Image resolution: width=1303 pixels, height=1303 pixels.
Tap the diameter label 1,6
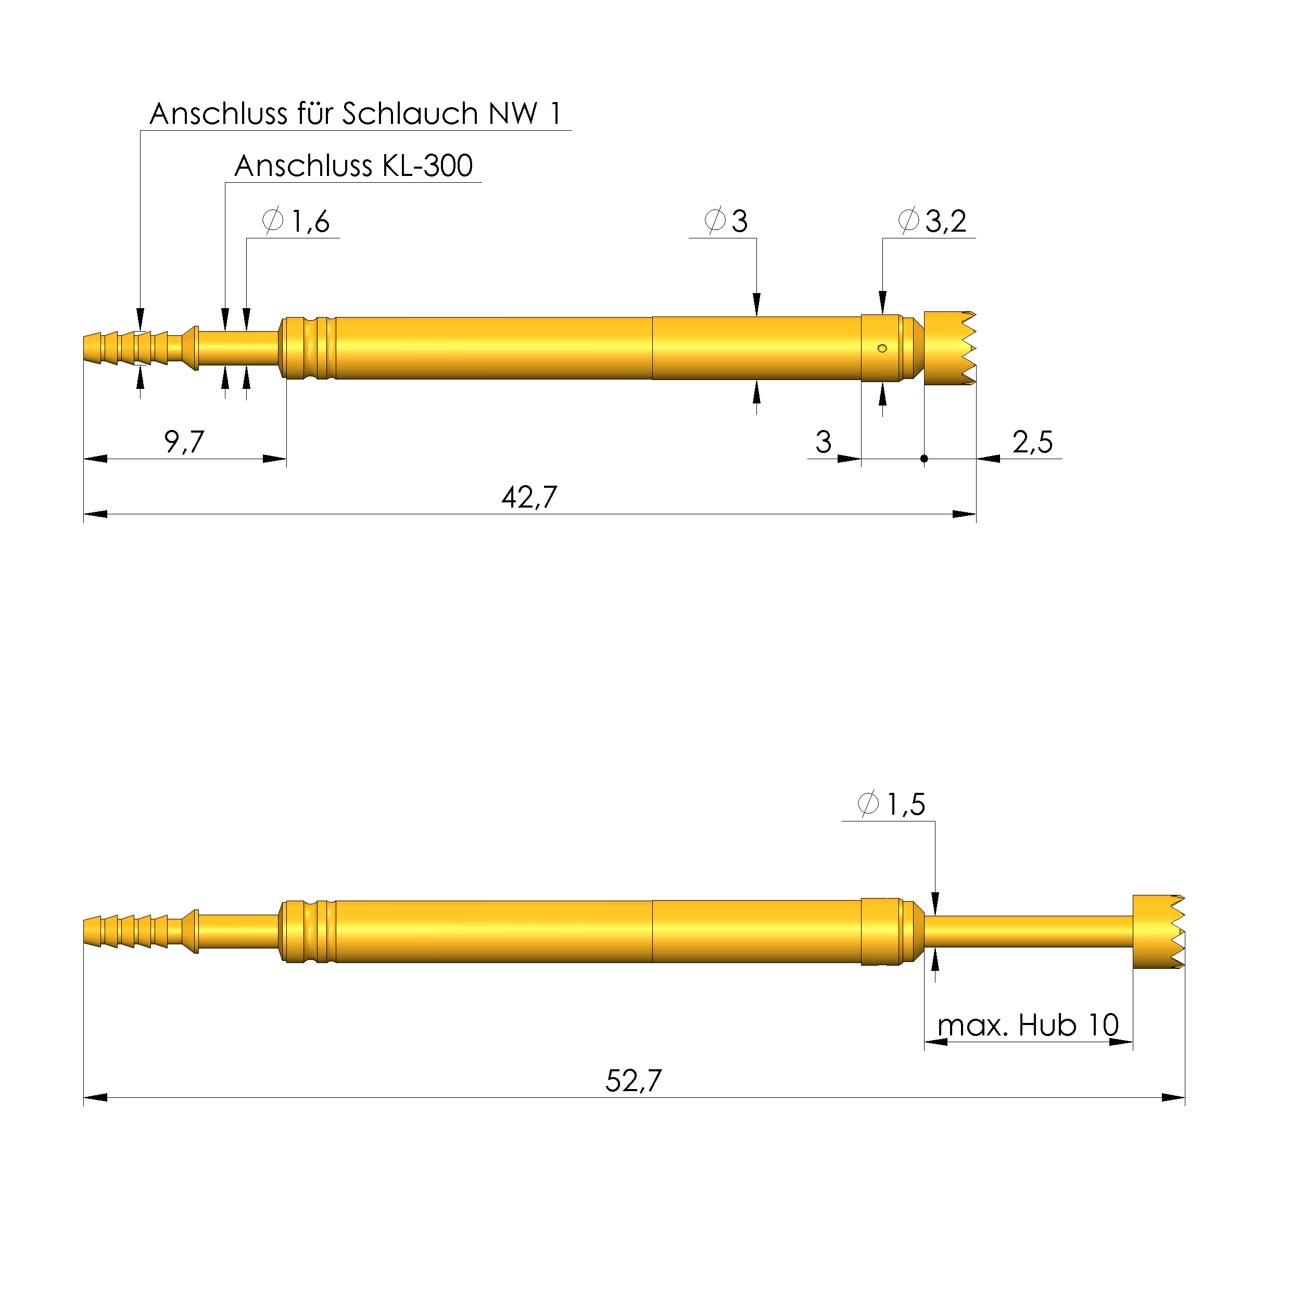click(310, 221)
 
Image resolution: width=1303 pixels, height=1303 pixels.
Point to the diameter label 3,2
click(945, 221)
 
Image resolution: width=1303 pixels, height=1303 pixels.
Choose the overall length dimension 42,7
click(529, 498)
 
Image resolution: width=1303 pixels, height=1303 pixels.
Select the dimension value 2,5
click(1032, 442)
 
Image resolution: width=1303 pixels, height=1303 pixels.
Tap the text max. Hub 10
click(1028, 1025)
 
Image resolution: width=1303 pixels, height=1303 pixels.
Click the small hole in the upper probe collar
click(882, 348)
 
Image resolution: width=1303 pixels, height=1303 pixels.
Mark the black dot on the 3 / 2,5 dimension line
click(924, 459)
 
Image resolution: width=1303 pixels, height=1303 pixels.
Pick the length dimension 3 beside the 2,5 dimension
click(823, 442)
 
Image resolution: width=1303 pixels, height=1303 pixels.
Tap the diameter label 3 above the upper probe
click(739, 221)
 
